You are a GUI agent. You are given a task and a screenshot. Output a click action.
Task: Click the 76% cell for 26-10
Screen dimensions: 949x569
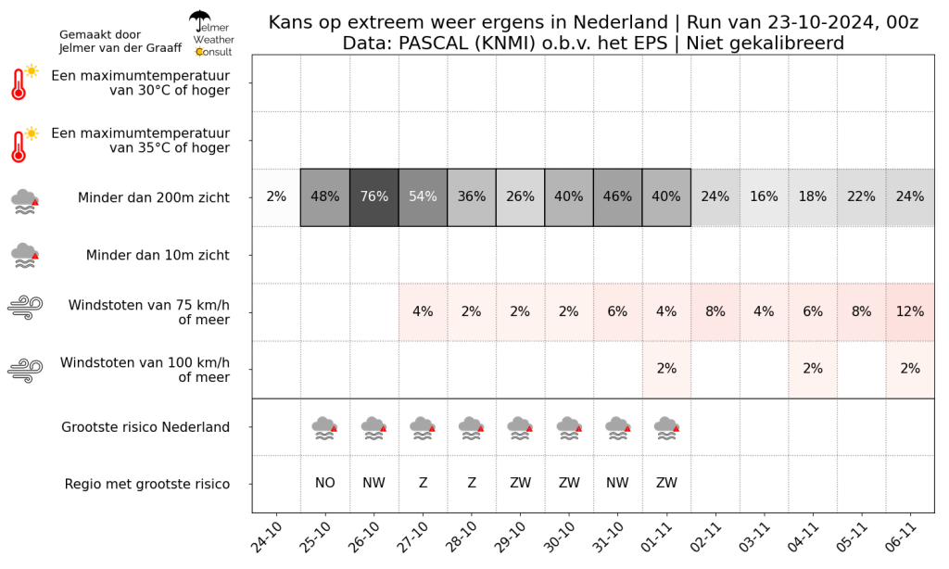coord(374,197)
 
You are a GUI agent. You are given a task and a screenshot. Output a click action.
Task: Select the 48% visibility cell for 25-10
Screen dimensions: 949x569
coord(325,197)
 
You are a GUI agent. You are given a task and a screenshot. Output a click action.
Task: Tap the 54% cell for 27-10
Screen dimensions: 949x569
coord(423,197)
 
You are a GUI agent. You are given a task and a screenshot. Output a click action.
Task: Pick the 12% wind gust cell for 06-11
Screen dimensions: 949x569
coord(910,311)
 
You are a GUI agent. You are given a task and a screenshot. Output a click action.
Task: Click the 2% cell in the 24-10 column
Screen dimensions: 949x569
coord(276,197)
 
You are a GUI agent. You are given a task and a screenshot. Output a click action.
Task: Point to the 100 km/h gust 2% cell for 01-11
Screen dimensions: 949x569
coord(666,369)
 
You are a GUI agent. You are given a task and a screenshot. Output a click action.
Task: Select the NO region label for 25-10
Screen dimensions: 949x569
coord(325,483)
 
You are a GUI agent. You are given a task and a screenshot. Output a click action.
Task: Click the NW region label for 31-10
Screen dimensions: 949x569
coord(617,483)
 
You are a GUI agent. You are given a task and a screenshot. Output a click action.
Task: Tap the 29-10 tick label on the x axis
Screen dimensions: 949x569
coord(511,537)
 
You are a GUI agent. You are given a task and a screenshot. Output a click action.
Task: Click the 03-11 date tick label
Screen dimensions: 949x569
coord(754,537)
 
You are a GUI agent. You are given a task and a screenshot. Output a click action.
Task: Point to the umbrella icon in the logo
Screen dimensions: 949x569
coord(199,20)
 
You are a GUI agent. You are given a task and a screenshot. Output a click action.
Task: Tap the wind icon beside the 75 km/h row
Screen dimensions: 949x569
coord(25,307)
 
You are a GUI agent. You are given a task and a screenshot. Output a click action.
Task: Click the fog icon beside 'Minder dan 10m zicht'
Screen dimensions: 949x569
coord(25,256)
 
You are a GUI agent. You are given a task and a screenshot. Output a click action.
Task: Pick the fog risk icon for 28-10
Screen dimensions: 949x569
coord(472,428)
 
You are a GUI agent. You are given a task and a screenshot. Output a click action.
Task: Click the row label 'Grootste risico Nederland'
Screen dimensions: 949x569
coord(146,427)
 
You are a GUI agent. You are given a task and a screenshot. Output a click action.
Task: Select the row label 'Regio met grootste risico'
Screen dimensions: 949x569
coord(147,485)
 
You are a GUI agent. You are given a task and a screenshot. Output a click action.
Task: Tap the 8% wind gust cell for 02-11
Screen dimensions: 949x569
coord(715,311)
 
